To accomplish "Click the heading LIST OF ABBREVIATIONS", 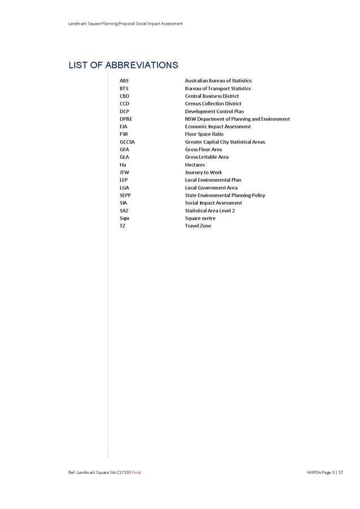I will click(123, 66).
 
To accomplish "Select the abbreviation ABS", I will click(124, 81).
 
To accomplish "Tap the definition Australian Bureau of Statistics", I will click(218, 81).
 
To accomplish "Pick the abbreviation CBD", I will click(124, 96).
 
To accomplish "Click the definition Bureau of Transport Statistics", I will click(218, 89).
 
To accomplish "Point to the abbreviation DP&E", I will click(125, 119).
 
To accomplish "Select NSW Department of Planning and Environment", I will click(237, 119).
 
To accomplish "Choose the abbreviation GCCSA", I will click(127, 142).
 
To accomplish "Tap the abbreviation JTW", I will click(124, 172).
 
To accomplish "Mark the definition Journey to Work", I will click(203, 172).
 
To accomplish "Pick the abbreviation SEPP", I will click(125, 195).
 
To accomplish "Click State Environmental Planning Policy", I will click(225, 195).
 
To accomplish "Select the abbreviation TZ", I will click(122, 225).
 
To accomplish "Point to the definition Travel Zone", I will click(198, 225).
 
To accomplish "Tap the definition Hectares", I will click(195, 165).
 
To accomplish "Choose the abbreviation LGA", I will click(124, 188).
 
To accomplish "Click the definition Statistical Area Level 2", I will click(210, 210).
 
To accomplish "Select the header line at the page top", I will click(125, 24).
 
